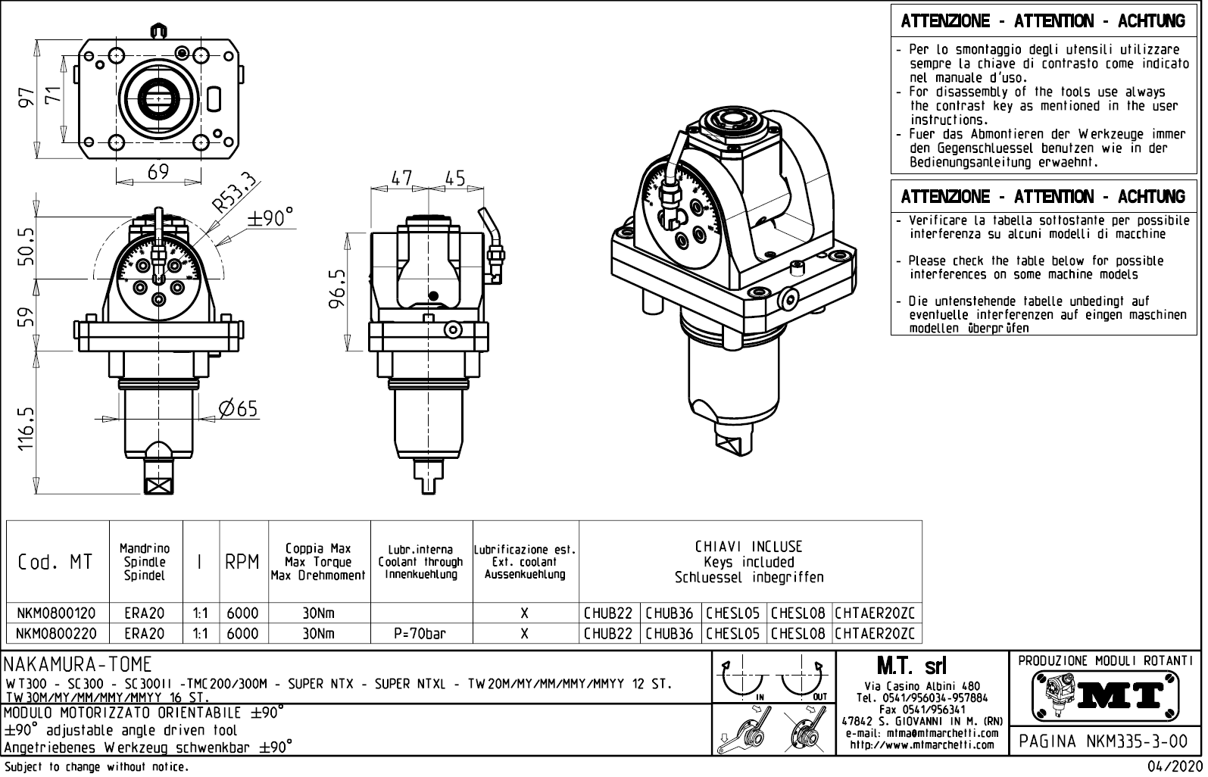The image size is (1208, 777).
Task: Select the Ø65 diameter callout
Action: click(238, 409)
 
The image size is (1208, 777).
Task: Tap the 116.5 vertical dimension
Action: click(27, 429)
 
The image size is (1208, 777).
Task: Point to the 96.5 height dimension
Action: click(339, 288)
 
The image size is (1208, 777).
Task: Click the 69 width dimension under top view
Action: click(158, 173)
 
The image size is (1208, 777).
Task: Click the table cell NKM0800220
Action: click(57, 633)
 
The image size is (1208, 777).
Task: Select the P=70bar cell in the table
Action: click(421, 633)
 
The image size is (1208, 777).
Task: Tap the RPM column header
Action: click(242, 562)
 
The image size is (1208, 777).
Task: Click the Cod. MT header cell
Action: click(57, 562)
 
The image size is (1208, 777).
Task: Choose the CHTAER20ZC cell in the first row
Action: click(876, 612)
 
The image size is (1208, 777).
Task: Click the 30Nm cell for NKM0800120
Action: click(318, 612)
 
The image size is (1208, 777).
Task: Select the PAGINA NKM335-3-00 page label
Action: click(1103, 741)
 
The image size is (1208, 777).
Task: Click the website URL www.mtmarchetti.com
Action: click(922, 744)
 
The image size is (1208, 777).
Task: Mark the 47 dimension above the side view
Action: click(401, 179)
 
